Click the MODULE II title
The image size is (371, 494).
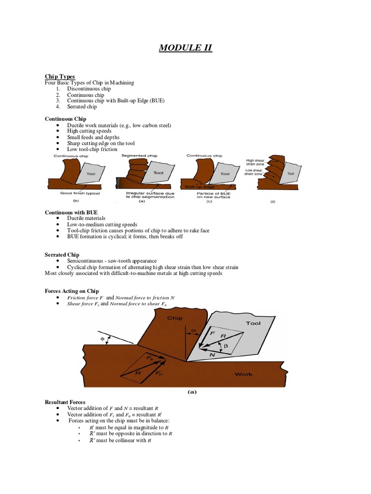coord(185,48)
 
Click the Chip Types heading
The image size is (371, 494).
coord(60,76)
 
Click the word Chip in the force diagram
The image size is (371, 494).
coord(174,318)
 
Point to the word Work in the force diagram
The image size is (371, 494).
coord(243,374)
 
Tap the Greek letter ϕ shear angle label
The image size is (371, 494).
coord(102,339)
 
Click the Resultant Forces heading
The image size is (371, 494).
coord(65,402)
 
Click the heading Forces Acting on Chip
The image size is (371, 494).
coord(71,291)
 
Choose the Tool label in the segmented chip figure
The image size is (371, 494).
coord(158,172)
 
